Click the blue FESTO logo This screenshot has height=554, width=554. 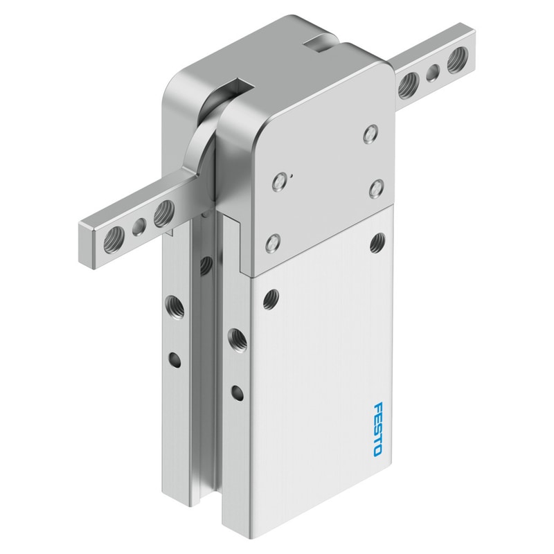tap(378, 429)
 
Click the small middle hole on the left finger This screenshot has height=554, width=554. tap(139, 226)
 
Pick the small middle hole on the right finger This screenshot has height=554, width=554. tap(432, 73)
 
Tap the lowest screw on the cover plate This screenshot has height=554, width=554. tap(273, 243)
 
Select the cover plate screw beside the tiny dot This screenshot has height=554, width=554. tap(279, 181)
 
